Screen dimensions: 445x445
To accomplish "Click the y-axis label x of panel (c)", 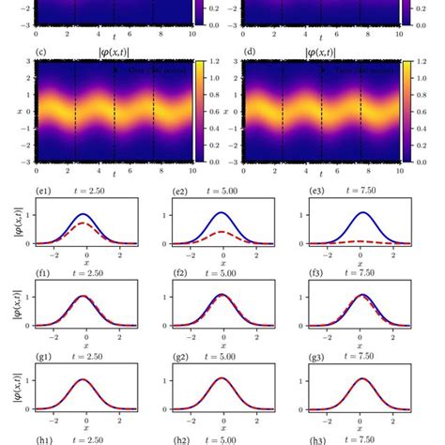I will (16, 111).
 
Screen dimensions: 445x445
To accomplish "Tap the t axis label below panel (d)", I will (324, 176).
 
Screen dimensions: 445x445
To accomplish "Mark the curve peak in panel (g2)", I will (224, 379).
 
